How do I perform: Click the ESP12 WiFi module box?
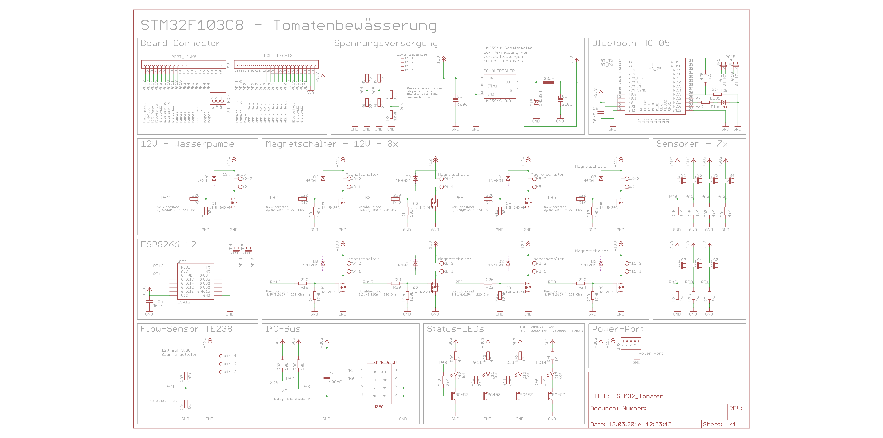pos(195,281)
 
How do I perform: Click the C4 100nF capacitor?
pos(326,378)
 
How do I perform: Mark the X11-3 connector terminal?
pos(221,372)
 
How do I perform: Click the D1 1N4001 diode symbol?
pos(214,179)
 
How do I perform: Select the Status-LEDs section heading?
pos(455,329)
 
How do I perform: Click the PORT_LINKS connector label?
pos(184,57)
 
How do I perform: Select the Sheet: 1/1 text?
pos(719,424)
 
